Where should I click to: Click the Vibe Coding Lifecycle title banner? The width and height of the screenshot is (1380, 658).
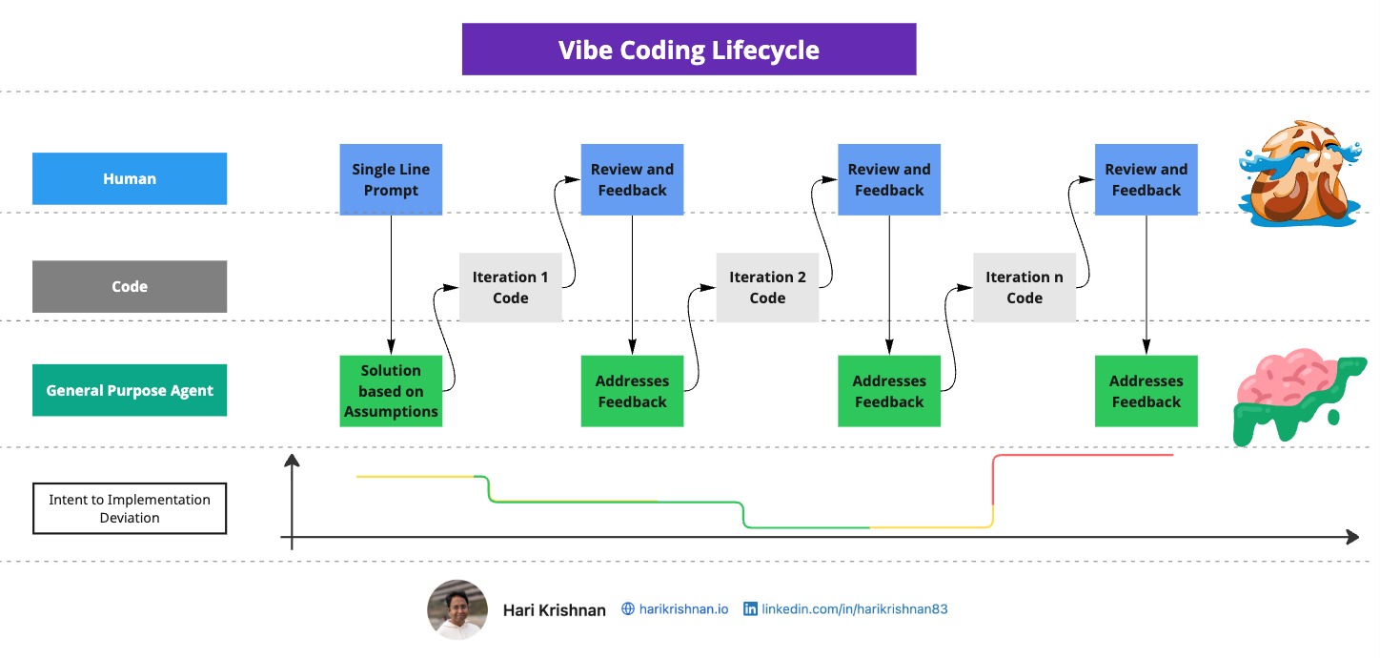688,50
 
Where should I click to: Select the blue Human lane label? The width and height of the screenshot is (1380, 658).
130,178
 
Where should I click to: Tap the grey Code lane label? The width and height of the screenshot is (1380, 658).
130,286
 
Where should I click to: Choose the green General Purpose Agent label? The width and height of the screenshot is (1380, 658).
130,390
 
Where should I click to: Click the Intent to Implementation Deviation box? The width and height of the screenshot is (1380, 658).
130,508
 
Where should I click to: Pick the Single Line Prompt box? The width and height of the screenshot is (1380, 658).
391,179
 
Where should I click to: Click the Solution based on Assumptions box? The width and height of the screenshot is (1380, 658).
391,391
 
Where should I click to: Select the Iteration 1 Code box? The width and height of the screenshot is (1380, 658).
510,287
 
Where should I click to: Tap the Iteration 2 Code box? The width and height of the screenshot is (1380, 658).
767,287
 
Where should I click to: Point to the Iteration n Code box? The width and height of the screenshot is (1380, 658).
1025,287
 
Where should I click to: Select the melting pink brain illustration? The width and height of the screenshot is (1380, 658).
1298,396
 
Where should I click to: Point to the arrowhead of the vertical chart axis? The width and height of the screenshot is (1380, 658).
293,462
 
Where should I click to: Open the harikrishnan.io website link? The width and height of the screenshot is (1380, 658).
682,608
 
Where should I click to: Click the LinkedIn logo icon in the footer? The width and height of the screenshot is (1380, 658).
750,608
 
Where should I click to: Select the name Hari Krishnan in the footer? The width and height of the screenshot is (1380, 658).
554,610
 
